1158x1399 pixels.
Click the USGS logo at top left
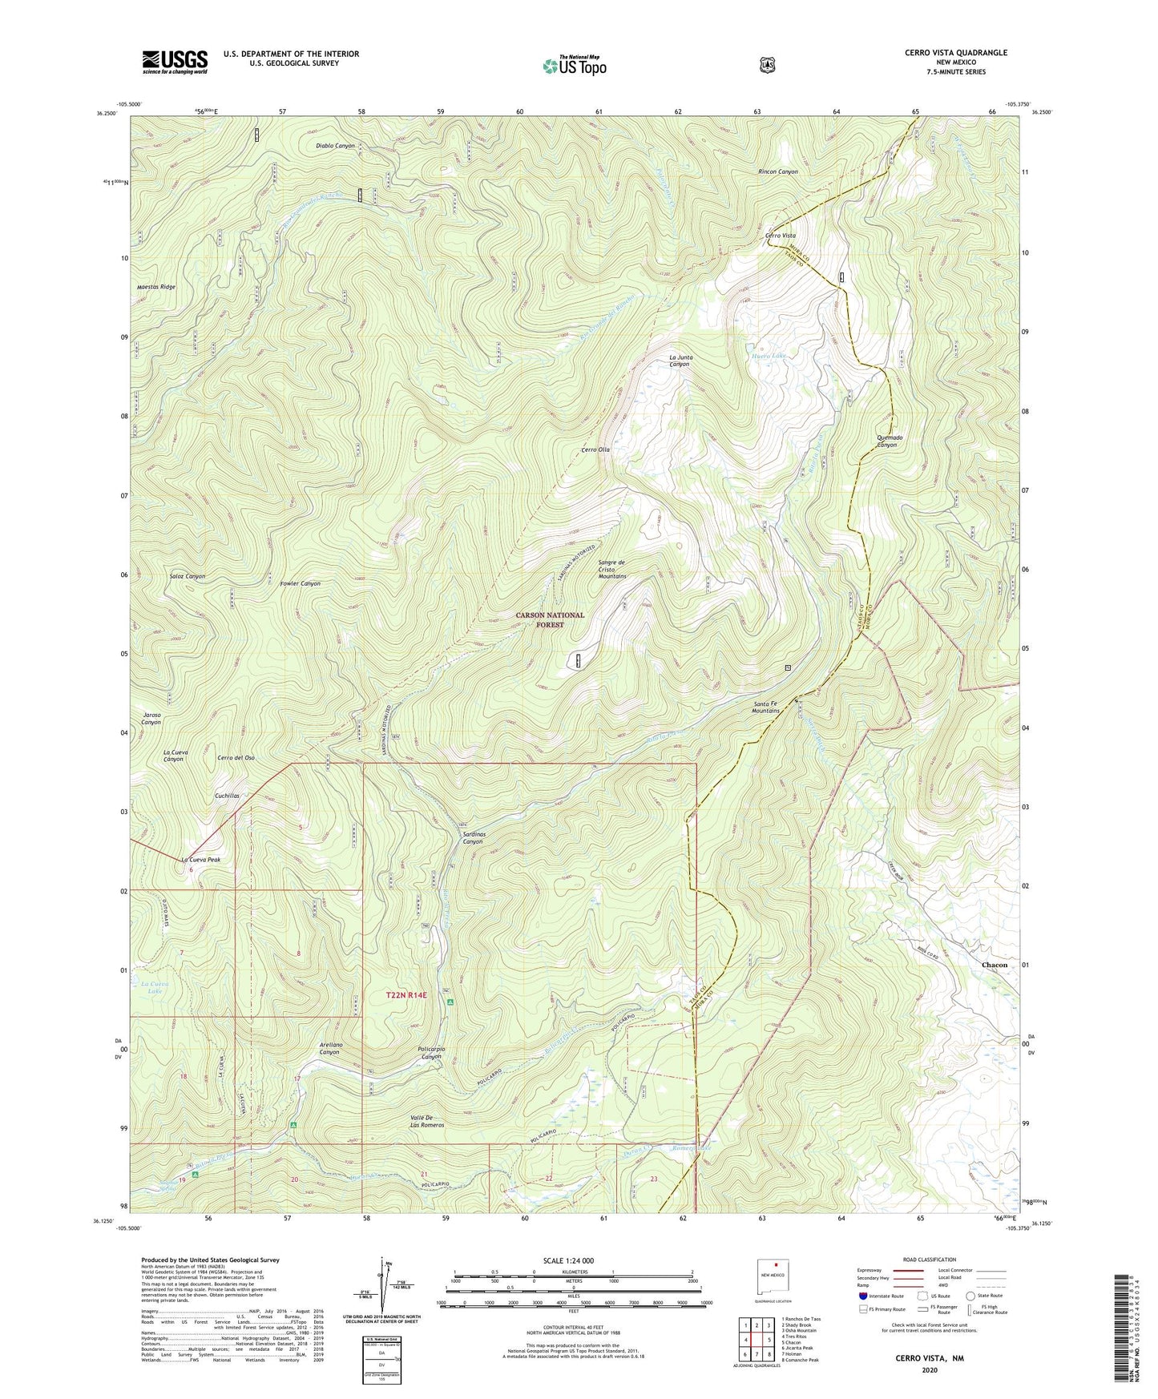click(175, 62)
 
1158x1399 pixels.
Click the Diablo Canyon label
click(335, 146)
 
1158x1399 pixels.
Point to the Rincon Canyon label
click(777, 171)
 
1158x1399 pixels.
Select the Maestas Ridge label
click(155, 287)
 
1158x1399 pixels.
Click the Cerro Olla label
click(595, 450)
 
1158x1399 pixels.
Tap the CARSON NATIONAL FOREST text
click(550, 619)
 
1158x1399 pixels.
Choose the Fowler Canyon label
click(300, 583)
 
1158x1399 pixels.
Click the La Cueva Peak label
click(200, 860)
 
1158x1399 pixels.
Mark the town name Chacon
click(995, 965)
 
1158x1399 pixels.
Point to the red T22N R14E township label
click(406, 995)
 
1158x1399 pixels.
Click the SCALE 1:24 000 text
click(568, 1260)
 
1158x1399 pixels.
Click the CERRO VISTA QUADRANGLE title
click(955, 53)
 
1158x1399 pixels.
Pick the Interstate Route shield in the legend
click(862, 1296)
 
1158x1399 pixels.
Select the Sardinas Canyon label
click(472, 837)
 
